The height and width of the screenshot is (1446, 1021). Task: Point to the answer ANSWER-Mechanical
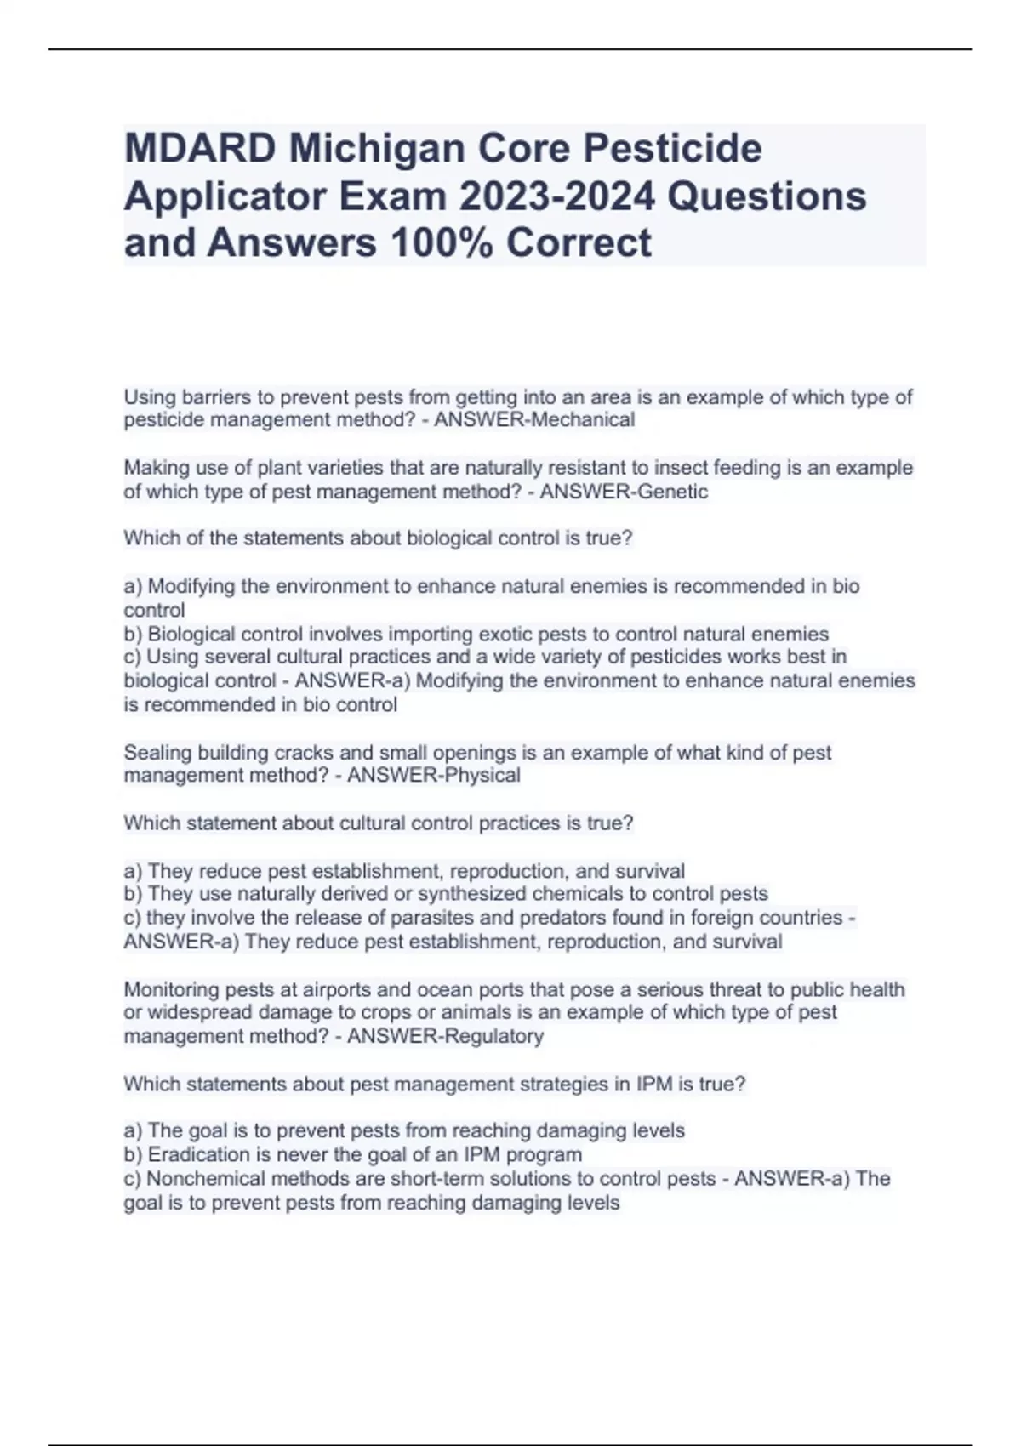[x=534, y=420]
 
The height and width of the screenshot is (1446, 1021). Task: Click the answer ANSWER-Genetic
[x=624, y=492]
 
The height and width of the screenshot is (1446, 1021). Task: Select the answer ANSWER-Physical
[x=434, y=776]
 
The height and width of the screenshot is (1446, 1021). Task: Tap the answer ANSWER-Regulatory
[x=446, y=1036]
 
